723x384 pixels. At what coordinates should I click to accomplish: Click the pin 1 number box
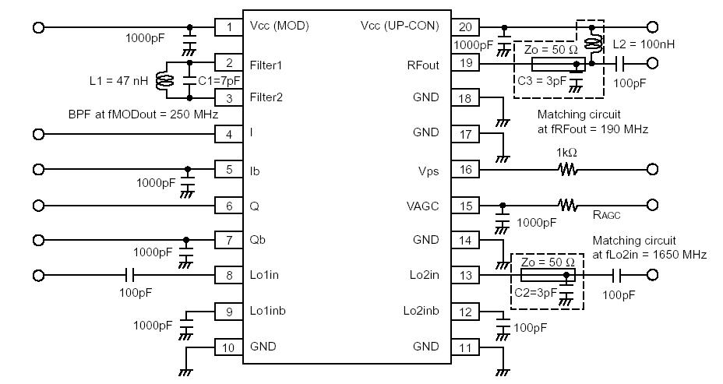[229, 27]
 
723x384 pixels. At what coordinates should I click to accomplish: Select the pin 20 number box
[465, 26]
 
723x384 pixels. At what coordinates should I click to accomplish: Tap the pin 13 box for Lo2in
[465, 275]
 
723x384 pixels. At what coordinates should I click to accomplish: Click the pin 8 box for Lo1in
[229, 275]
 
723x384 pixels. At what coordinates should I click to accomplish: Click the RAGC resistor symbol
[567, 206]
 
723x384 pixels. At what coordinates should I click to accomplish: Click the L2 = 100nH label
[642, 45]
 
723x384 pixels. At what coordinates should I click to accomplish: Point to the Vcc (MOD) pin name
[280, 26]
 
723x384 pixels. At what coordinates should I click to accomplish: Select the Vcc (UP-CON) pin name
[400, 26]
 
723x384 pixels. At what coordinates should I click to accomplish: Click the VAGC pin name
[423, 206]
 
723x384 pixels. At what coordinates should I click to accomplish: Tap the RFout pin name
[424, 65]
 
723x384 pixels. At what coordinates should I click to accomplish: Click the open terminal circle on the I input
[37, 134]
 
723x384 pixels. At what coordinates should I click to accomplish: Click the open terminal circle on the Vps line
[653, 169]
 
